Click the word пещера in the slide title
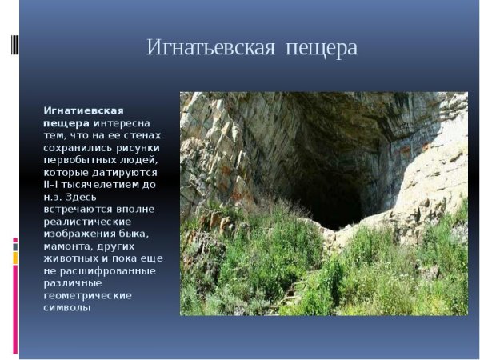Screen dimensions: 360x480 click(318, 49)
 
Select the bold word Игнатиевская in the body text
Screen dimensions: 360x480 click(83, 110)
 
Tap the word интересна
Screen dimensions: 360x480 click(127, 122)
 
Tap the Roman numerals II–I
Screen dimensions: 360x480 click(54, 184)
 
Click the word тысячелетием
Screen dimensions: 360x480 click(107, 184)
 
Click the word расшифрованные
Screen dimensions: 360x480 click(107, 270)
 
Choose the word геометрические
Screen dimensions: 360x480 click(86, 294)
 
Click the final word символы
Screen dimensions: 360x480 click(66, 307)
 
